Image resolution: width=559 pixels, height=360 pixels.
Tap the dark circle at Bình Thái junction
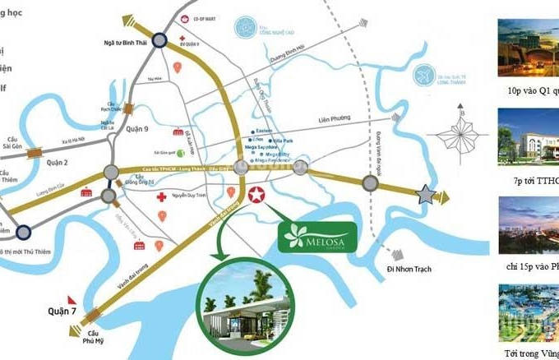(162, 39)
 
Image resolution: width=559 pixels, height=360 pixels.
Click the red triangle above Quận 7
(72, 297)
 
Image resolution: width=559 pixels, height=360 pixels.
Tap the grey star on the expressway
(426, 195)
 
